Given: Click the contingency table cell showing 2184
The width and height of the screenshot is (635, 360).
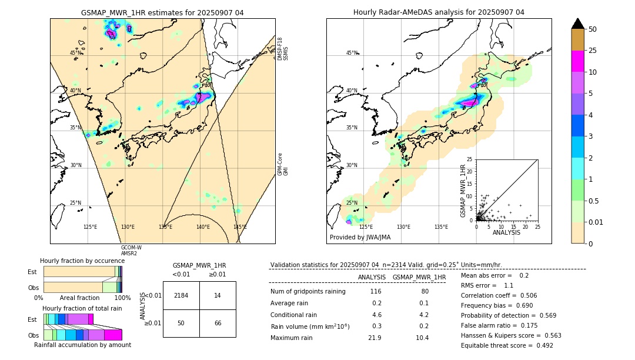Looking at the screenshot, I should pos(181,295).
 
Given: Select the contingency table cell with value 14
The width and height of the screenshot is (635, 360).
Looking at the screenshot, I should pos(218,295).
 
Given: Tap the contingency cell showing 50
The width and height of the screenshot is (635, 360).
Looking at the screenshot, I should pos(181,324).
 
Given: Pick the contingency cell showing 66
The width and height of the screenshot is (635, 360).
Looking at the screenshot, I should pos(218,324).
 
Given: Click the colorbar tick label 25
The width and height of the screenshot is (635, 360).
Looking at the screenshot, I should pos(593,51).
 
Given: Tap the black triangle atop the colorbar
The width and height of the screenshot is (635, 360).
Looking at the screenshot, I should pos(577,24).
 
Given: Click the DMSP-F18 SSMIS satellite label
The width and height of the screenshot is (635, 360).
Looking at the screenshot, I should pos(283,49).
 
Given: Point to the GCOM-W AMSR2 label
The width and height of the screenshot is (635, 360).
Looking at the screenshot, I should pos(131,250).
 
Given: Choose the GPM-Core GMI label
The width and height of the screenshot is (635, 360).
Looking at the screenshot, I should pos(283,164).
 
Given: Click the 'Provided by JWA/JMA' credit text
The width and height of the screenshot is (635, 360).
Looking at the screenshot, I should pos(360,238).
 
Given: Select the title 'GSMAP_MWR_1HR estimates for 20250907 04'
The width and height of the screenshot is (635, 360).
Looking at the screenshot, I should pos(162,12).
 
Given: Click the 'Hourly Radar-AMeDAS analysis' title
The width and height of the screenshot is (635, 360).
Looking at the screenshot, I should pos(439,12).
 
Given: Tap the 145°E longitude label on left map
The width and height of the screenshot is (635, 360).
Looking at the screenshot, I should pos(240,227).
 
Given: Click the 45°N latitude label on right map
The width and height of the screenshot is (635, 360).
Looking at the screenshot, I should pos(352,53).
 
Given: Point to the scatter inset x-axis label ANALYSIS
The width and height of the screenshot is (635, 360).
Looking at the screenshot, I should pos(506,233).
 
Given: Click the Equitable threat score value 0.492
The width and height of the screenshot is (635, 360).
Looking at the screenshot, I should pos(541,345).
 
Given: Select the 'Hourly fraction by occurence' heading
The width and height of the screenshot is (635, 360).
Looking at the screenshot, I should pos(82,261).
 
